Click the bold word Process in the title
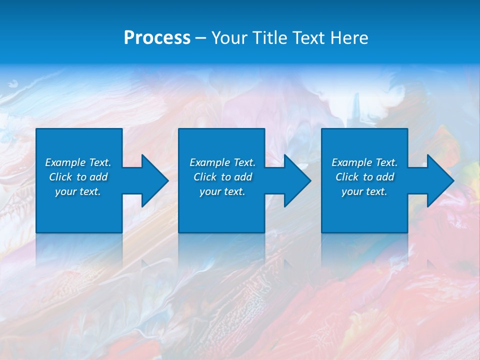tap(157, 38)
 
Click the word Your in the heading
tap(230, 38)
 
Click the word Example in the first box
tap(65, 162)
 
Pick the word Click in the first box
tap(60, 177)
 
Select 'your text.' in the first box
tap(78, 191)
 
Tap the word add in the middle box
tap(243, 177)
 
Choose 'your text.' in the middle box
tap(222, 191)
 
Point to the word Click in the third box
tap(347, 177)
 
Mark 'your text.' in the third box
tap(364, 191)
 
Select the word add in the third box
tap(385, 177)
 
